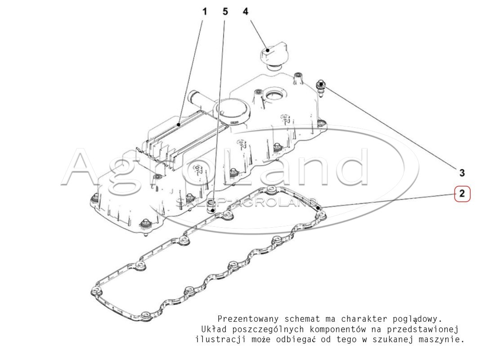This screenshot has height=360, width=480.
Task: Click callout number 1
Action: pyautogui.click(x=205, y=12)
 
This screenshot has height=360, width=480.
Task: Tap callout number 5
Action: pyautogui.click(x=225, y=12)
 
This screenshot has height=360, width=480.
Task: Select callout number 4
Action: pyautogui.click(x=246, y=12)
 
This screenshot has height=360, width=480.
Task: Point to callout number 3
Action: pyautogui.click(x=462, y=173)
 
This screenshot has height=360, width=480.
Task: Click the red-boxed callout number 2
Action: pyautogui.click(x=462, y=193)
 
